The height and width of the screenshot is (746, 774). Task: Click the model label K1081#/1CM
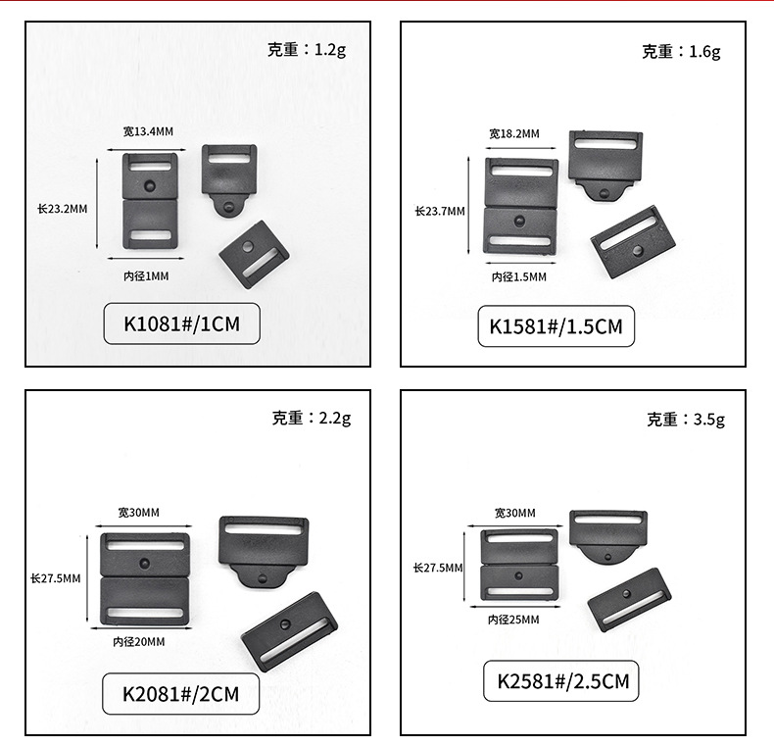click(182, 323)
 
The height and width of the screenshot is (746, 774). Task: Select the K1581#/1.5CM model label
click(556, 326)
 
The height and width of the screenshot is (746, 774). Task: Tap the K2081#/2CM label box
click(181, 693)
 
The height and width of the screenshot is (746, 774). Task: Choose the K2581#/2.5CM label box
click(561, 681)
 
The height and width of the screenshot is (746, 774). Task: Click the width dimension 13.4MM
click(148, 131)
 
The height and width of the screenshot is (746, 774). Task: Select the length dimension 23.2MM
click(63, 208)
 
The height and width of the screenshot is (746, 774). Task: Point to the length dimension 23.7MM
click(439, 211)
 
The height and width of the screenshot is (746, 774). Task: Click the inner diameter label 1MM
click(146, 276)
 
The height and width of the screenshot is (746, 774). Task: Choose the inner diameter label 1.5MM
click(519, 277)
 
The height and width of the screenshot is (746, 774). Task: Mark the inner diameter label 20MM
click(139, 641)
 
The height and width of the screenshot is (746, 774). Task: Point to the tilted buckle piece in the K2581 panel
click(630, 598)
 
